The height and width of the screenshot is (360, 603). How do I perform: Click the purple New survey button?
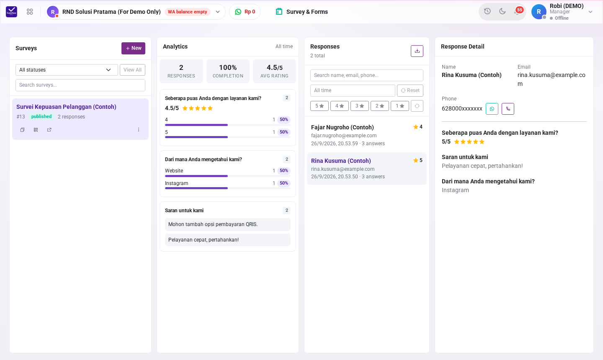click(x=133, y=48)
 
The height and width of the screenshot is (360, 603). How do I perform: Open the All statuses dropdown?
click(x=67, y=70)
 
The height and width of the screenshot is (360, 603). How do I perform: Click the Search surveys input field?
click(x=80, y=85)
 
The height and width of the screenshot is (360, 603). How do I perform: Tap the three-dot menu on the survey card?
click(x=139, y=130)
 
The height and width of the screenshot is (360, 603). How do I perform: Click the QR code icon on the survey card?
click(x=36, y=130)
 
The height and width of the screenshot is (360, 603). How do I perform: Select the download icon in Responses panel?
click(x=417, y=51)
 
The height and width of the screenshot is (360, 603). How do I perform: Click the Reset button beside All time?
click(x=410, y=90)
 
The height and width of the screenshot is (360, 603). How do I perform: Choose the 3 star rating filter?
click(x=359, y=106)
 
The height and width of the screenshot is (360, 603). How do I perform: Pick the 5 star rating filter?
click(x=319, y=106)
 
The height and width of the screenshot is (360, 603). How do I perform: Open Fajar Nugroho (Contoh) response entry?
click(x=367, y=135)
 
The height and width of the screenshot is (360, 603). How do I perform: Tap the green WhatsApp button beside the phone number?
click(x=492, y=109)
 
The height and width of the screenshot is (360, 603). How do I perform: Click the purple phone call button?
click(x=508, y=109)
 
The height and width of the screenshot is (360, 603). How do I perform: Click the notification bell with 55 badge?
click(x=518, y=11)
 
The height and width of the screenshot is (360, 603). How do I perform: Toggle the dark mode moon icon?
click(x=502, y=11)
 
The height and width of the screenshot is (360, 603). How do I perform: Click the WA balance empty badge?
click(x=187, y=12)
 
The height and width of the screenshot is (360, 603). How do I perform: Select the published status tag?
click(x=41, y=116)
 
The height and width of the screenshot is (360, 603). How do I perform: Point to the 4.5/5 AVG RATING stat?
click(x=274, y=71)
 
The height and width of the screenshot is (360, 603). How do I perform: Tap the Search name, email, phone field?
click(x=367, y=75)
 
